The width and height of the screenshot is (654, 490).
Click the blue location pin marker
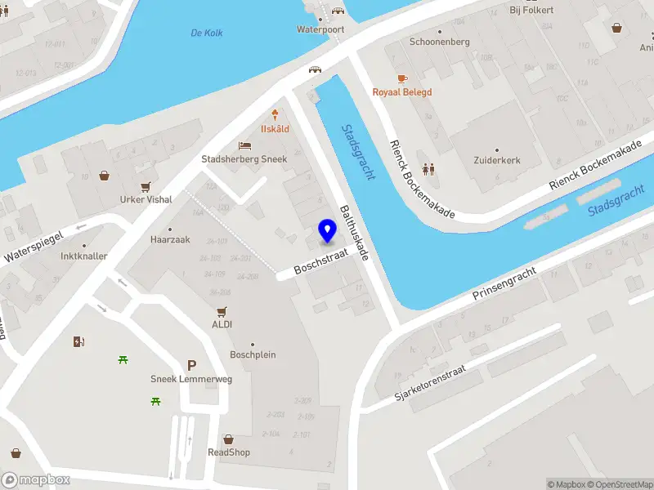[328, 231]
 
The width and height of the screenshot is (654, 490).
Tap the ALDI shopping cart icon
[222, 312]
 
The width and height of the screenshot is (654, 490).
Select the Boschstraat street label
[321, 261]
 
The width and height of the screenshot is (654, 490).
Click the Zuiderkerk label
[497, 160]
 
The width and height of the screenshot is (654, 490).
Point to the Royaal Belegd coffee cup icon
[401, 78]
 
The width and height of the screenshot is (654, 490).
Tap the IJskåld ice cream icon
[275, 115]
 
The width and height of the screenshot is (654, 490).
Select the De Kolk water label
[206, 33]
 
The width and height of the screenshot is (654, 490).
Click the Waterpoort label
[320, 29]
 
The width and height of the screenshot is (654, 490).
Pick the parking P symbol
[192, 366]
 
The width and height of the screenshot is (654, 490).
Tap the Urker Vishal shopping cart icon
[146, 186]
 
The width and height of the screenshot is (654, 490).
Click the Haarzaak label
[170, 240]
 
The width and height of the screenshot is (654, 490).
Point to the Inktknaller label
[83, 256]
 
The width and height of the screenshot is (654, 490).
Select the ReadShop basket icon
[228, 439]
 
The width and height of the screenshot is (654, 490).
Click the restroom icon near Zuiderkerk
[428, 170]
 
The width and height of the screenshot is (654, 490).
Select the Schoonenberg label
[439, 41]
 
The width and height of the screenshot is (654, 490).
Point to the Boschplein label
[253, 355]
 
